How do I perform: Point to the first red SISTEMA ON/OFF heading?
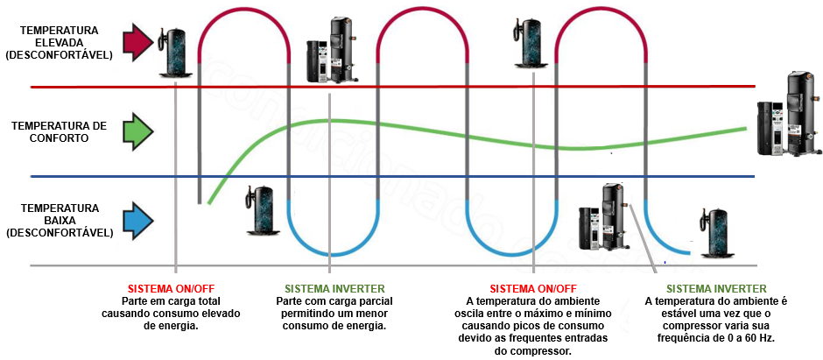tap(171, 289)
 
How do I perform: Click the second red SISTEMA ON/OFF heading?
tap(532, 289)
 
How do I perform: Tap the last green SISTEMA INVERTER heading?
tap(716, 289)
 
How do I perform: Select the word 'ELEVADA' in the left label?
tap(60, 42)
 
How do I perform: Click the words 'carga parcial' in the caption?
tap(349, 301)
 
